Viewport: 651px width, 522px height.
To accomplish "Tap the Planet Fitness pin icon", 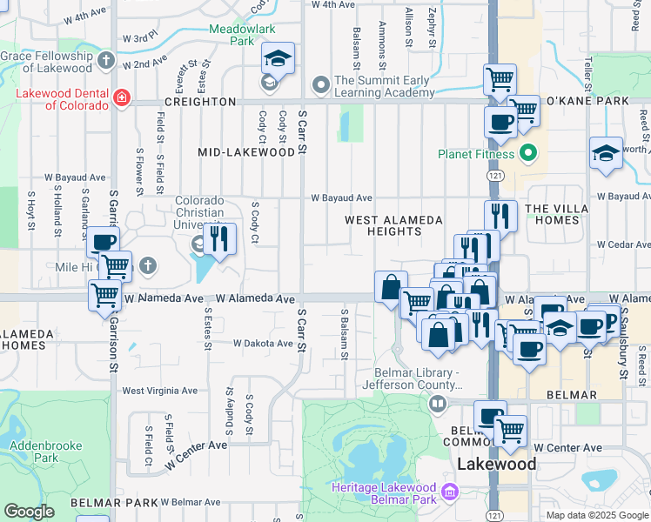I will point(527,155).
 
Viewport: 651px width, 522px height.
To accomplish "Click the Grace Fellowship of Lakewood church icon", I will point(106,60).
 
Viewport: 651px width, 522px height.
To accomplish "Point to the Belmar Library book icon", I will point(438,403).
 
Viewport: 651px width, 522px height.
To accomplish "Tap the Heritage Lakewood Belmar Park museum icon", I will point(450,493).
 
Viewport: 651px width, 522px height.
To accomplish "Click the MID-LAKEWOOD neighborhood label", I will point(246,152).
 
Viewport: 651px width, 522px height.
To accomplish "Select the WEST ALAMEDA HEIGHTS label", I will point(393,226).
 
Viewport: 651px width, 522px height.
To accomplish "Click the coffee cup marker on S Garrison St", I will point(103,243).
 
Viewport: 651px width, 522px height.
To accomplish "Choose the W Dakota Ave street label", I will point(263,344).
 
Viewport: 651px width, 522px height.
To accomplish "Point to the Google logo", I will point(29,512).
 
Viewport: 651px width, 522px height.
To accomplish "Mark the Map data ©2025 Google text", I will point(596,515).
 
